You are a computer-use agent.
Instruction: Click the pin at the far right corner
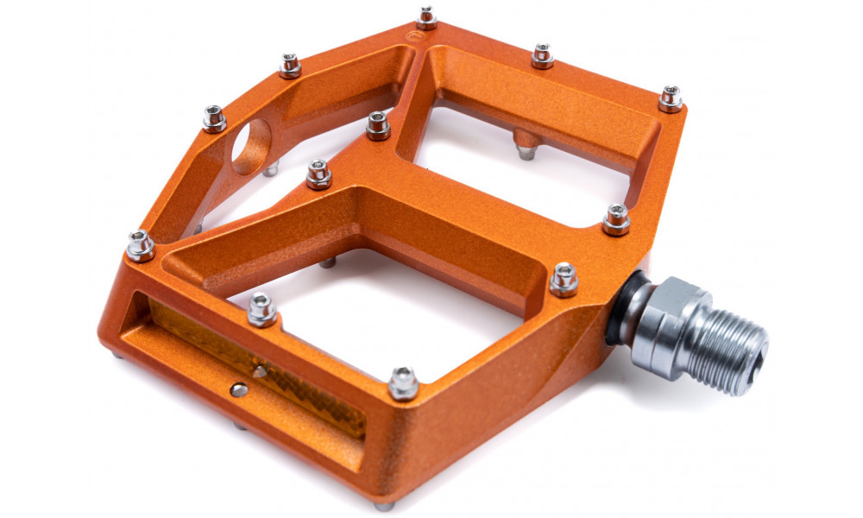point(671,98)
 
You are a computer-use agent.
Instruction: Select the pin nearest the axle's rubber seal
point(564,278)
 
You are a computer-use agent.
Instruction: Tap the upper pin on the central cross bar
point(378,124)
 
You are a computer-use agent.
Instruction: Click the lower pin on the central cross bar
point(318,174)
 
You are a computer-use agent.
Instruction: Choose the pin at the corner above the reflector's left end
point(140,245)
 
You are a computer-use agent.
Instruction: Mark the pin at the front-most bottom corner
point(403,382)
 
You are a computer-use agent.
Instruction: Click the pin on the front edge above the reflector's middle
point(261,309)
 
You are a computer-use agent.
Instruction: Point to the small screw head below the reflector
point(239,390)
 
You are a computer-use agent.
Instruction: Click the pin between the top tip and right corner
point(542,55)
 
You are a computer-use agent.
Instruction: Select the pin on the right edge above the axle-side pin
point(616,218)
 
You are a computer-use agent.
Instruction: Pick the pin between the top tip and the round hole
point(290,65)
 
